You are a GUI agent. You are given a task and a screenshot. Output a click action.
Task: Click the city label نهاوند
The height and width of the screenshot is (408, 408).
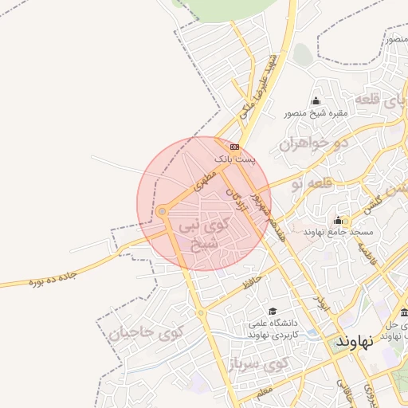click(x=355, y=341)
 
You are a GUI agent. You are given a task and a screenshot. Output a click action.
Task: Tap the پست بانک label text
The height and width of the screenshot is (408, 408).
click(x=236, y=160)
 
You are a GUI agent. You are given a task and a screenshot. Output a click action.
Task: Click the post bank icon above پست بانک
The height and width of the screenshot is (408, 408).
click(x=235, y=147)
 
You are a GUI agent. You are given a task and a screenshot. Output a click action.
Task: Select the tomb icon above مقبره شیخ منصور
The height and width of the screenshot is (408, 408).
click(x=316, y=100)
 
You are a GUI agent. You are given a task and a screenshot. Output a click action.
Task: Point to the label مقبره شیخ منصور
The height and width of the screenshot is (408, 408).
click(x=316, y=113)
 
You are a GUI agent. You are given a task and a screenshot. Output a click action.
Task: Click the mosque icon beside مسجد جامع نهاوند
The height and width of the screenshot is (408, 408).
click(x=338, y=220)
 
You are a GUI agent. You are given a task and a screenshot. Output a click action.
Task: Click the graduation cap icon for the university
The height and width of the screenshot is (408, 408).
click(x=273, y=312)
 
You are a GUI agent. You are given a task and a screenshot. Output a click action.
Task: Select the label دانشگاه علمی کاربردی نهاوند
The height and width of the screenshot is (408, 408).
click(x=273, y=329)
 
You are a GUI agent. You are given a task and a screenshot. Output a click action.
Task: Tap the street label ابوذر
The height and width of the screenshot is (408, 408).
click(x=320, y=302)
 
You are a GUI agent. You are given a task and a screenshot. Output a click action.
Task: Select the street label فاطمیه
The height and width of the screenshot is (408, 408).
click(x=366, y=253)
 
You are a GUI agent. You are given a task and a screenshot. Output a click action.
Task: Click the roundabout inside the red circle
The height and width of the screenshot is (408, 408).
click(x=162, y=212)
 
